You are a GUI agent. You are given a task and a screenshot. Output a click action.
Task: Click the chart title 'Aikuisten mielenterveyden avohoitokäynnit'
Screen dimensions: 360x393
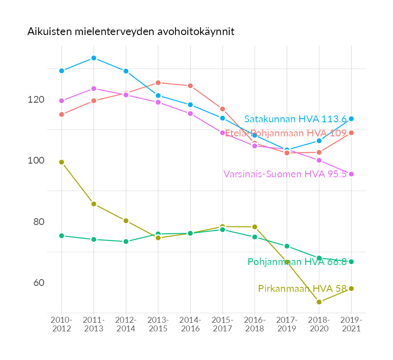pyautogui.click(x=131, y=32)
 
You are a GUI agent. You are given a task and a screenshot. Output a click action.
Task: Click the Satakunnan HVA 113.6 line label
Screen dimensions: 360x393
pyautogui.click(x=296, y=119)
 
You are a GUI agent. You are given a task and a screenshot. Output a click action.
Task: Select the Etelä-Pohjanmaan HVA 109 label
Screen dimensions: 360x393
pyautogui.click(x=286, y=133)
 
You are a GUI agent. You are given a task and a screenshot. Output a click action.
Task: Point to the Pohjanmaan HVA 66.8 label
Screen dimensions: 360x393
pyautogui.click(x=297, y=262)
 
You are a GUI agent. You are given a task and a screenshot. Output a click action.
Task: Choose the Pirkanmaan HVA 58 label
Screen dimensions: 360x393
pyautogui.click(x=302, y=288)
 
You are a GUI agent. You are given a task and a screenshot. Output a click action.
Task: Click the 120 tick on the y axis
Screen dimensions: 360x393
pyautogui.click(x=36, y=100)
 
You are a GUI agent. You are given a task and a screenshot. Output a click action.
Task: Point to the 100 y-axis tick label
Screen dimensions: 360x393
pyautogui.click(x=36, y=160)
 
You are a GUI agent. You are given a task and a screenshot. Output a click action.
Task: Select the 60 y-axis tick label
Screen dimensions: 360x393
pyautogui.click(x=38, y=283)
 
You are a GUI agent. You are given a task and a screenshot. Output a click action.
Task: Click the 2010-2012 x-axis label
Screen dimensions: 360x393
pyautogui.click(x=61, y=325)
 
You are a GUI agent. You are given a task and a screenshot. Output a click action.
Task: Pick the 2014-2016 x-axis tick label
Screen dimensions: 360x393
pyautogui.click(x=190, y=325)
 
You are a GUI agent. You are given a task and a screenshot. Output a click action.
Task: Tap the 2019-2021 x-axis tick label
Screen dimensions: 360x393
pyautogui.click(x=351, y=325)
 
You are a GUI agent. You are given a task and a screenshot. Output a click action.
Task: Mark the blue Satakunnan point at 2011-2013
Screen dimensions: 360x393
pyautogui.click(x=94, y=58)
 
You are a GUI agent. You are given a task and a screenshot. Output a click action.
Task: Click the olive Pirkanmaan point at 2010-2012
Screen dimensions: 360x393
pyautogui.click(x=61, y=162)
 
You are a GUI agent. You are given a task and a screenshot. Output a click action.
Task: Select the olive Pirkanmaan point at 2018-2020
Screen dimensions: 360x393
pyautogui.click(x=319, y=302)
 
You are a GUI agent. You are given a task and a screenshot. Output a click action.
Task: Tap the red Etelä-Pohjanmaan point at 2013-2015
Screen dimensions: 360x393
pyautogui.click(x=158, y=83)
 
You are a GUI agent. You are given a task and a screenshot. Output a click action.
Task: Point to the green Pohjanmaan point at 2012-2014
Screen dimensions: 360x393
pyautogui.click(x=126, y=241)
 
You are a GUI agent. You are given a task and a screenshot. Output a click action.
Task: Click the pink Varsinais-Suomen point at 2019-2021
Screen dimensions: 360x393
pyautogui.click(x=351, y=174)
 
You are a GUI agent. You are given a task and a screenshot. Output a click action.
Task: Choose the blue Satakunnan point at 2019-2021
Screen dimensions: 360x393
pyautogui.click(x=351, y=119)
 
